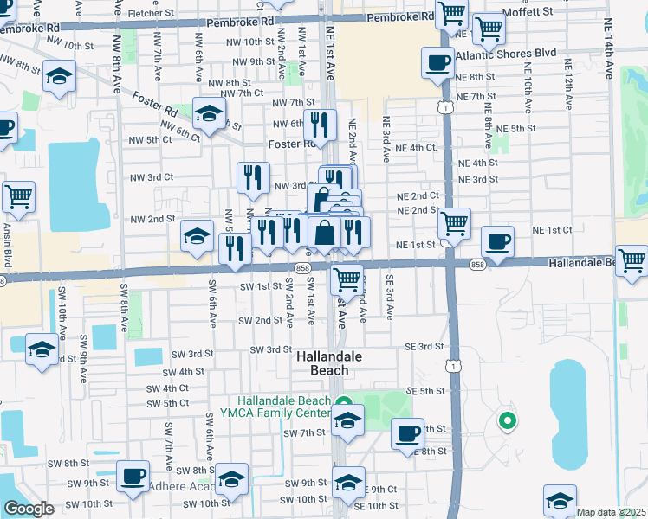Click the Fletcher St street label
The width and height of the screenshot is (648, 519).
click(152, 14)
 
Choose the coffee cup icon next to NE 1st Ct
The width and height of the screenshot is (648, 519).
click(497, 241)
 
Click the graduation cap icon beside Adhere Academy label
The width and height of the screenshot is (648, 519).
click(232, 479)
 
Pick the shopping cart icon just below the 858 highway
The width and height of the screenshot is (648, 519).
click(347, 279)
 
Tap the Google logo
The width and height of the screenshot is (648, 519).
click(29, 509)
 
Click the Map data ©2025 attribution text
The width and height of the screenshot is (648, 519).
click(612, 512)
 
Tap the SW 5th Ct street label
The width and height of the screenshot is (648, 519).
click(168, 403)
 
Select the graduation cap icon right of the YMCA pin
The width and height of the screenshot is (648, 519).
click(348, 422)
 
